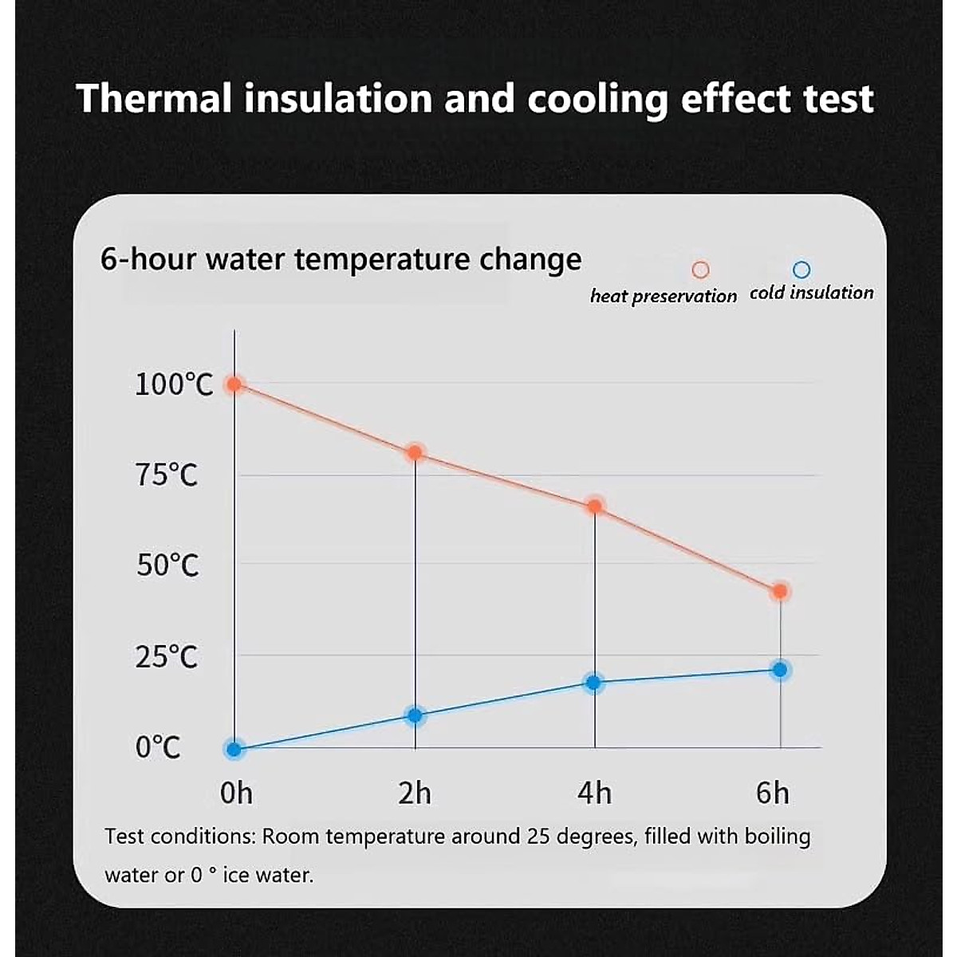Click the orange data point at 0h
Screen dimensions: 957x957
234,384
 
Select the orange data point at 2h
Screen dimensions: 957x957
415,453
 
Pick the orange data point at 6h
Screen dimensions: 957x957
780,592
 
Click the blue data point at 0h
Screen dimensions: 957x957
234,749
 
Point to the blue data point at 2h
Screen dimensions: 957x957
415,715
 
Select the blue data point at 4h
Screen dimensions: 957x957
593,683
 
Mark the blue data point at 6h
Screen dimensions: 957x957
780,670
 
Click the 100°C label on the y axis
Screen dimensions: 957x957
174,385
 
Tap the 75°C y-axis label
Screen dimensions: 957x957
166,475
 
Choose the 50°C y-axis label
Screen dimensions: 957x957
167,565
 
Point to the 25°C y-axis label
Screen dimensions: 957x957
166,658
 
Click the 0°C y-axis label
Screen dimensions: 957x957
158,748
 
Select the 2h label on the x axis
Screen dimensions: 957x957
415,794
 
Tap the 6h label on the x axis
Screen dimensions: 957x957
772,794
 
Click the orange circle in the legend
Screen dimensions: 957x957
700,270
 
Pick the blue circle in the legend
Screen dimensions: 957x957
801,270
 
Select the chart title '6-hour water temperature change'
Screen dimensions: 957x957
341,260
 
